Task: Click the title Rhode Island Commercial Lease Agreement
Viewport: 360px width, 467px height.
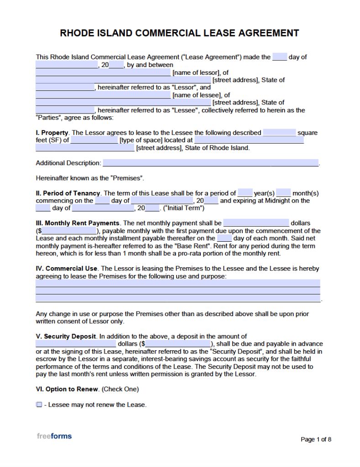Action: coord(180,33)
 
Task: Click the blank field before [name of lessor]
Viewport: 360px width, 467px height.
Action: coord(103,73)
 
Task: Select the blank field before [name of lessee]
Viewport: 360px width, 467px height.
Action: coord(103,95)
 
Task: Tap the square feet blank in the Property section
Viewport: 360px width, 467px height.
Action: coord(279,133)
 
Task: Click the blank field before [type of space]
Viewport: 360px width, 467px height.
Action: coord(94,140)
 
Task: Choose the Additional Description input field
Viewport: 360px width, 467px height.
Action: coord(210,163)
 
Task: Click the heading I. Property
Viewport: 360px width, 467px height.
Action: coord(52,133)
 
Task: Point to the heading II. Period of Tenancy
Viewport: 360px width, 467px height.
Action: coord(68,193)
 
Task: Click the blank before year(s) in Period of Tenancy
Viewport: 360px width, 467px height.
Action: coord(245,193)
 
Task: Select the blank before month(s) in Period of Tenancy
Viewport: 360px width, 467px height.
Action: coord(283,193)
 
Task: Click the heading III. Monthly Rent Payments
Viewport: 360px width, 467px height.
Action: coord(78,223)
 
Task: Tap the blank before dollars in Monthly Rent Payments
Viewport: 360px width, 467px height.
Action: coord(256,223)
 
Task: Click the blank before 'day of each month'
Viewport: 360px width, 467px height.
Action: coord(224,238)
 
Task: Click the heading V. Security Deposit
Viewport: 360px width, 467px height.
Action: coord(66,336)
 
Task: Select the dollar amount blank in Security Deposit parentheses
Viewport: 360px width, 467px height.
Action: coord(178,344)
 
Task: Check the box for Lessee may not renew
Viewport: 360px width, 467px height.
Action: coord(39,405)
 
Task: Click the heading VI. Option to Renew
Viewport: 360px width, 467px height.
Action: coord(67,389)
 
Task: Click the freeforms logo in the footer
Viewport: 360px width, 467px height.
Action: coord(54,436)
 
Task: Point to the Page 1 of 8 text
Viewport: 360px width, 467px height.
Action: coord(316,439)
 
